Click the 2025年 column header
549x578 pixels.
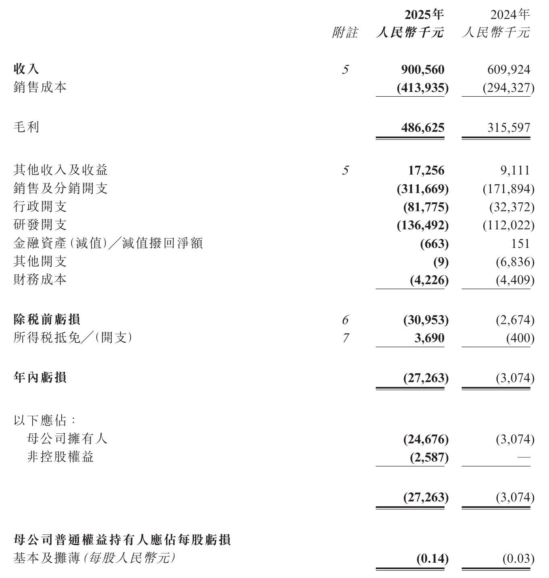pos(424,15)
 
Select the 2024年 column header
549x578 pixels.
pos(509,15)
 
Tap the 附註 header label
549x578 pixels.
pos(345,33)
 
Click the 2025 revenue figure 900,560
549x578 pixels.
pos(422,70)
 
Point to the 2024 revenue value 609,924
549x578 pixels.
pos(509,70)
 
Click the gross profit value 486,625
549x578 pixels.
pos(422,128)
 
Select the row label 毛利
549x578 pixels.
pos(26,127)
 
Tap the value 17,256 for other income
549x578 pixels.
pos(426,170)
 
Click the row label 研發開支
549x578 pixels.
pos(40,225)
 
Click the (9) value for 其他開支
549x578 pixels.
pos(441,262)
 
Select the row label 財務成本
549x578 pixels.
pos(40,280)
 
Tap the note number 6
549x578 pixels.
pos(345,320)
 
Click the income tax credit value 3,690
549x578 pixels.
pos(429,338)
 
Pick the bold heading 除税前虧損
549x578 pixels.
pos(47,320)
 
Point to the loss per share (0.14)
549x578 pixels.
pos(432,559)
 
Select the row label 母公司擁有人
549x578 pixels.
pos(67,439)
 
